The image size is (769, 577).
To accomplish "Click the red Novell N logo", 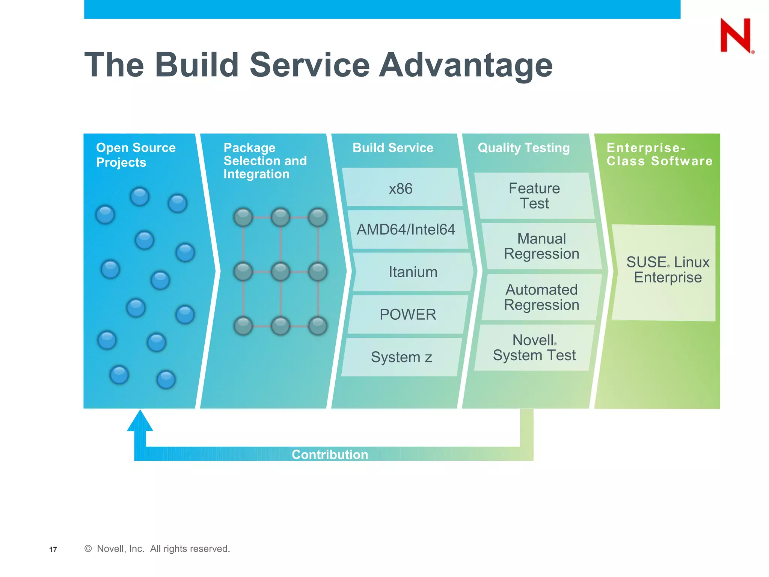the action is (x=736, y=35).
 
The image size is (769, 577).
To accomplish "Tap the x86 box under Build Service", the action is (x=401, y=188).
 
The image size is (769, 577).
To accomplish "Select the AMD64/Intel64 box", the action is (x=406, y=229).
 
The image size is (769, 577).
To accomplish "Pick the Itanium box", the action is (x=413, y=272).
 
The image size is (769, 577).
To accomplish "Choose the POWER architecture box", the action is (x=408, y=314).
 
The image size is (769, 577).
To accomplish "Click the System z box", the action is (x=401, y=357).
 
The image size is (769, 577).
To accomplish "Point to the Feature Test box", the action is (x=534, y=196).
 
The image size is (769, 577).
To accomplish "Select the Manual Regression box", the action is (x=541, y=246).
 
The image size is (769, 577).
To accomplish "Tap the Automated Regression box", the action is (x=541, y=297).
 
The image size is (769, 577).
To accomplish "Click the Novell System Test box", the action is (x=534, y=347).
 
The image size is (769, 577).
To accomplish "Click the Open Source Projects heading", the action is (x=136, y=155).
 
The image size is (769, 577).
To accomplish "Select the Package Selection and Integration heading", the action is (x=265, y=161).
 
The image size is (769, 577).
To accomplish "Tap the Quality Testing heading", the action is (x=523, y=148).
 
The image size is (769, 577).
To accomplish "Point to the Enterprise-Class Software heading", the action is (x=659, y=154).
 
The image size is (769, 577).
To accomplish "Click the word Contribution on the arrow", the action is (x=330, y=455).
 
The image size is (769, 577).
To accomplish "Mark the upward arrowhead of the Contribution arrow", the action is (x=140, y=421).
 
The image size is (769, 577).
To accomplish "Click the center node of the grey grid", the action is (x=280, y=272).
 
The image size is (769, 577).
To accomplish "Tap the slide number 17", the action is (x=53, y=550).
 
